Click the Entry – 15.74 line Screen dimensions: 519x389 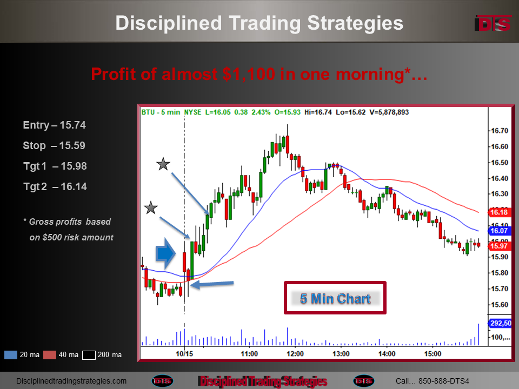pos(54,125)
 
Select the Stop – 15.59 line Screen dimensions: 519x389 pos(54,145)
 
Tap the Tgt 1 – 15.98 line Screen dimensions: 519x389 pos(55,166)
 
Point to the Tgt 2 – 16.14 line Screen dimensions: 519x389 pos(55,186)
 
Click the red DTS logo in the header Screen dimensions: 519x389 pos(493,23)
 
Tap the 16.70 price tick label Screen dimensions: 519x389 pos(499,131)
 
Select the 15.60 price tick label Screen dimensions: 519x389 pos(499,305)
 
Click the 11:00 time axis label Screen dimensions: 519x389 pos(249,354)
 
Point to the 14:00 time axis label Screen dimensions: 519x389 pos(387,354)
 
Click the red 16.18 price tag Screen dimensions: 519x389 pos(499,212)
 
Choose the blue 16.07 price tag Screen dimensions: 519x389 pos(499,231)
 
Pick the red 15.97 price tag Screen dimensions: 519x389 pos(499,246)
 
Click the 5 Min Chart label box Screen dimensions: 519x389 pos(335,298)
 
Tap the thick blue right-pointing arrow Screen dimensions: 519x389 pos(165,253)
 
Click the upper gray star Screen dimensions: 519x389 pos(163,164)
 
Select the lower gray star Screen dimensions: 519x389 pos(151,207)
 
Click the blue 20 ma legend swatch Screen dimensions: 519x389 pos(11,355)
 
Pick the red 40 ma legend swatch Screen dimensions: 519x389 pos(50,355)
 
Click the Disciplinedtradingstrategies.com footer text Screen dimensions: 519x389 pos(71,381)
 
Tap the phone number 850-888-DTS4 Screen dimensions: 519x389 pos(443,381)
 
